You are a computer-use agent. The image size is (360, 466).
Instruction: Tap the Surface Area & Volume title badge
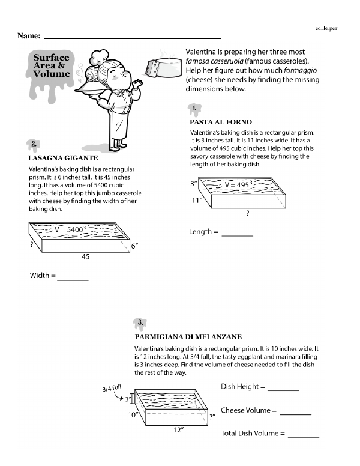pyautogui.click(x=51, y=66)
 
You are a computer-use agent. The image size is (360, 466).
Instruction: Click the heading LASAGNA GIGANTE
pyautogui.click(x=63, y=158)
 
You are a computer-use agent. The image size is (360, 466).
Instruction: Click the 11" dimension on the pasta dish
pyautogui.click(x=196, y=201)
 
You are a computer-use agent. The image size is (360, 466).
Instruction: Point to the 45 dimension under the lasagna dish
pyautogui.click(x=86, y=256)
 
